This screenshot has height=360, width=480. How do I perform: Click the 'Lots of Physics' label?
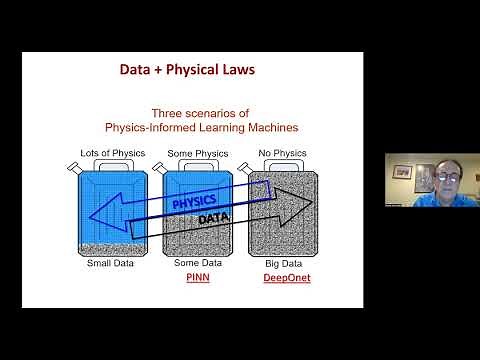tap(113, 152)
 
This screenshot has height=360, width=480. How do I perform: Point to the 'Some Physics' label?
tap(195, 152)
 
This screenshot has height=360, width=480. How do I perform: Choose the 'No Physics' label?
tap(276, 152)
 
